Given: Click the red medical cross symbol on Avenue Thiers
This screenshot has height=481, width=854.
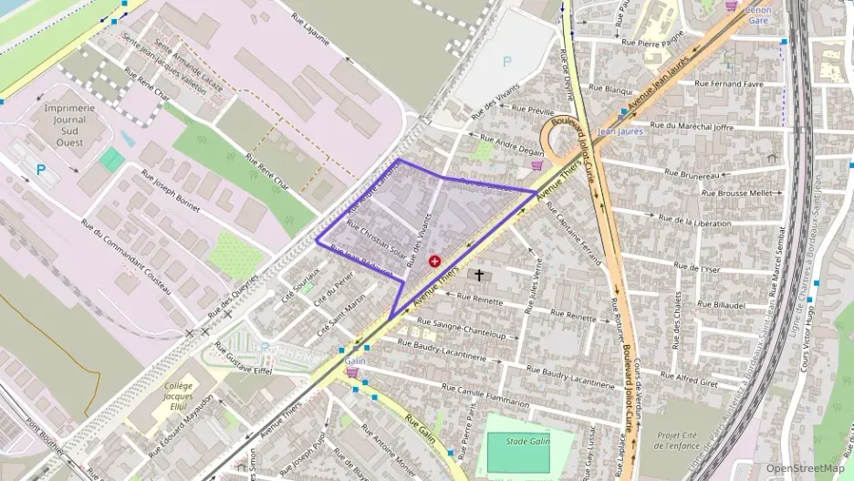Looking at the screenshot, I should coord(434,261).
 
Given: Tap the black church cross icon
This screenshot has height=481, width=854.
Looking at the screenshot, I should coord(479,275).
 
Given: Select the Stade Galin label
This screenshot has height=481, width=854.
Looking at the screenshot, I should coord(526,441).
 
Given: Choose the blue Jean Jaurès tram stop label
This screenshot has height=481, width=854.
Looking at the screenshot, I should coord(620,131).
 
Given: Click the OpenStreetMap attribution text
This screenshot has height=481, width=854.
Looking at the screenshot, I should coord(805,468).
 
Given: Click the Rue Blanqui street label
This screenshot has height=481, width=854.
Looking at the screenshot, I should coord(610,89).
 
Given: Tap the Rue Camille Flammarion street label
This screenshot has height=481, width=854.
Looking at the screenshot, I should coord(481,396).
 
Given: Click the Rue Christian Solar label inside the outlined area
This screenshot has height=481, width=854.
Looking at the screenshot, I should coord(376,240).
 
